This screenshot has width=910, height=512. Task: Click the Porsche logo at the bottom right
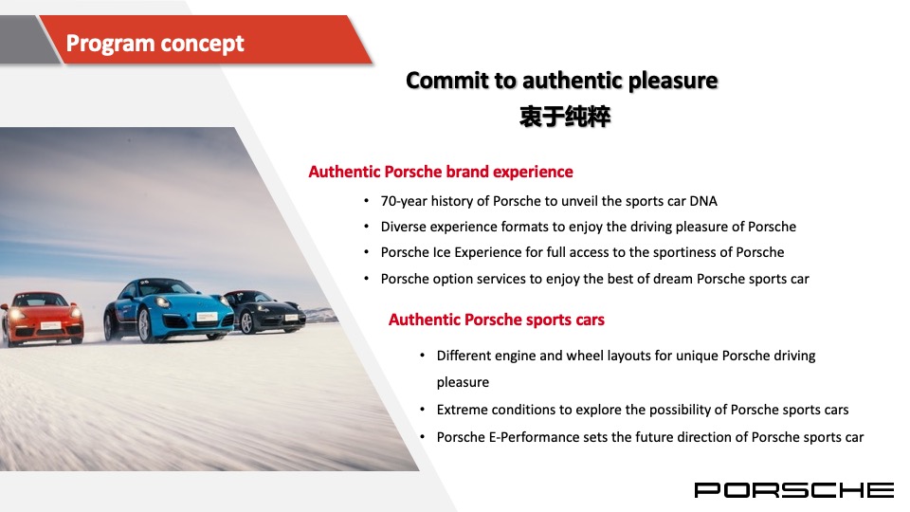[793, 489]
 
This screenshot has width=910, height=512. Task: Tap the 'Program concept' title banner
[155, 44]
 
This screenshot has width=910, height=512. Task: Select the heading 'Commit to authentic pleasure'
[561, 81]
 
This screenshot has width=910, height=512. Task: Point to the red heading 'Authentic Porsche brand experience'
[441, 172]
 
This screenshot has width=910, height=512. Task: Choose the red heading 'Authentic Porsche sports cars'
[496, 320]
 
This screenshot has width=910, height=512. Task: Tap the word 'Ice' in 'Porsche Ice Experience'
[442, 252]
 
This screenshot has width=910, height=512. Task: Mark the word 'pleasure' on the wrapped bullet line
[463, 382]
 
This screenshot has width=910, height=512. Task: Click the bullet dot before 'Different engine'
[422, 356]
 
